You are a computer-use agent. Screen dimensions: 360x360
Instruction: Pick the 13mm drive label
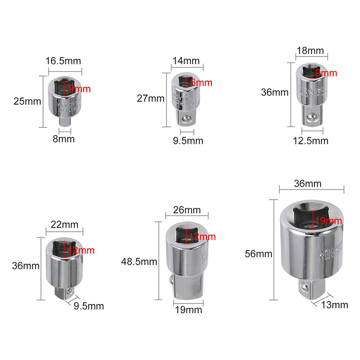334,305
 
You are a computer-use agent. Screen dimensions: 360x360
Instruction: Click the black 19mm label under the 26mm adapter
189,310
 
